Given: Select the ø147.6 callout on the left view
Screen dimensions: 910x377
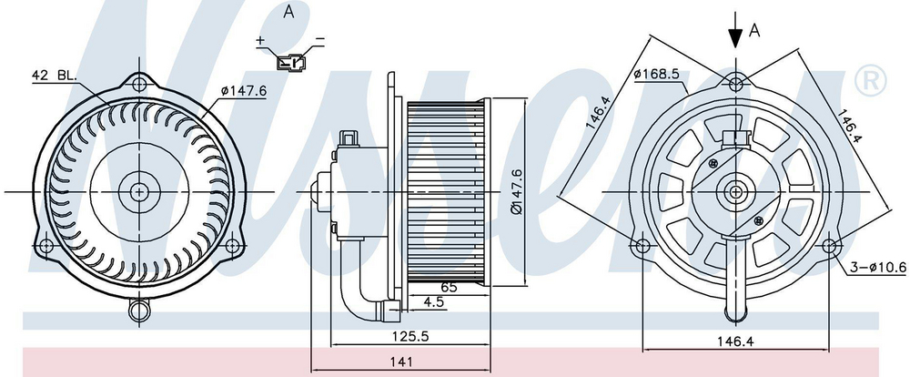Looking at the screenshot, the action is click(x=243, y=91).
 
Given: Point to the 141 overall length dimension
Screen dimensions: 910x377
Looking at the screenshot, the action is click(x=401, y=362).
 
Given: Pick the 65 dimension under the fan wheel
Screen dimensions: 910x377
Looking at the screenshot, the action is click(x=448, y=287).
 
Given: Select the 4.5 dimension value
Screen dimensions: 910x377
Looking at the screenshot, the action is click(x=433, y=302).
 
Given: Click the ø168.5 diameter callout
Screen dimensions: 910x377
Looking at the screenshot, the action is click(x=656, y=75).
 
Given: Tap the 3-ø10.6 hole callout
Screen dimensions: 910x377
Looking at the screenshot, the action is click(x=878, y=267).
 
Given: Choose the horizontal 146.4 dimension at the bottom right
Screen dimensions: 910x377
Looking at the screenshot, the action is click(x=736, y=342).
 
